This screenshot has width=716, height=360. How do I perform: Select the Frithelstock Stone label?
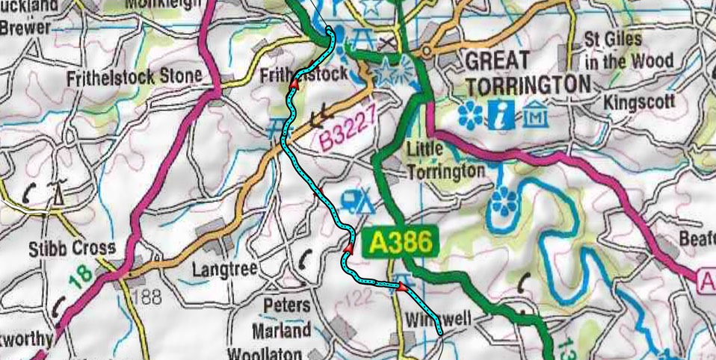(x=134, y=76)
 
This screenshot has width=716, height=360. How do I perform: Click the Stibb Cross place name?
(x=72, y=247)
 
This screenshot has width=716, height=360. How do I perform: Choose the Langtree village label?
(x=223, y=267)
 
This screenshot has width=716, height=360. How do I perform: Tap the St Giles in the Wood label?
(x=628, y=49)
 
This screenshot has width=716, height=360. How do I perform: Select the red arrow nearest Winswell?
(x=402, y=287)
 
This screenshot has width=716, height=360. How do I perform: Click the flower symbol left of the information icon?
(x=470, y=115)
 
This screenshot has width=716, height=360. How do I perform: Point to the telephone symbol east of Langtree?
(x=305, y=258)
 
